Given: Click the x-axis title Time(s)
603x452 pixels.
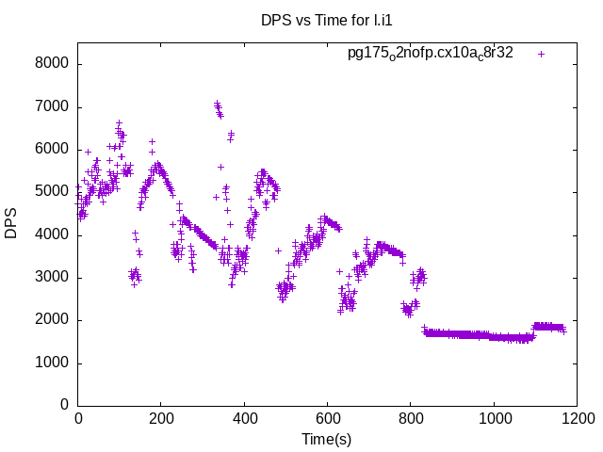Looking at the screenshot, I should (326, 439).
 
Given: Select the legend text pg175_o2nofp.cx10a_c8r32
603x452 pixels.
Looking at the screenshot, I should (430, 54).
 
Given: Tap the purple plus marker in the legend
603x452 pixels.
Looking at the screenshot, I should (541, 54).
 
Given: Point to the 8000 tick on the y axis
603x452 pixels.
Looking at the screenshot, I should (54, 64).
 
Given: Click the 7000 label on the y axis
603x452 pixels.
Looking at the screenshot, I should (54, 106).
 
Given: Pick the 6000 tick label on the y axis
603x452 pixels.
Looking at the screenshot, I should (54, 149).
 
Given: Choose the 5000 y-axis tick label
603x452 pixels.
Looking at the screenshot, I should (54, 192).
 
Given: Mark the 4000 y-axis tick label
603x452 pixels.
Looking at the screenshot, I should (54, 234).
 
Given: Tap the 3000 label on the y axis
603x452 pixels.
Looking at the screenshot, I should (54, 277).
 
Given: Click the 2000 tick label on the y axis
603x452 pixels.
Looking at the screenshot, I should (54, 320).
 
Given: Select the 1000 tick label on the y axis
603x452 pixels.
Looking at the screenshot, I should (54, 363).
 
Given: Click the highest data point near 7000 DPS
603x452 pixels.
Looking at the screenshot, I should (217, 103).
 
